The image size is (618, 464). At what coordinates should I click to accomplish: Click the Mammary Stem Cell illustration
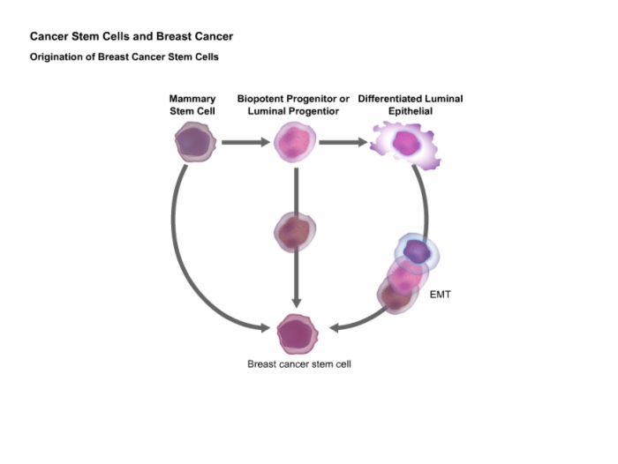(x=195, y=142)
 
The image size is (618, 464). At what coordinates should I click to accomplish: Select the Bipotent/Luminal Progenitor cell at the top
(x=295, y=142)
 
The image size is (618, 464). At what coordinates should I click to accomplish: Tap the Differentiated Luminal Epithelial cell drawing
(x=405, y=144)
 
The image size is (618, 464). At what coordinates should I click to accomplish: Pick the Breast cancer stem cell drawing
(x=298, y=334)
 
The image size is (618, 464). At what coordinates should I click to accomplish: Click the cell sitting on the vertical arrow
(x=295, y=232)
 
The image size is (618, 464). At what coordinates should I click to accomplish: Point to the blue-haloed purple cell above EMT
(x=417, y=252)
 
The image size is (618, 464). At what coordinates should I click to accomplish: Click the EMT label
(x=440, y=295)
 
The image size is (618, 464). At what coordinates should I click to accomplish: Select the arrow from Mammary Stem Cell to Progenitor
(x=246, y=142)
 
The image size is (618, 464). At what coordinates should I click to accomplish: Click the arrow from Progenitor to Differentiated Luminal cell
(x=343, y=142)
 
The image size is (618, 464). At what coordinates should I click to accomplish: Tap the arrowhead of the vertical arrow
(x=297, y=303)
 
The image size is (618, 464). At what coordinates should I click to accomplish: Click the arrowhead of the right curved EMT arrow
(x=335, y=328)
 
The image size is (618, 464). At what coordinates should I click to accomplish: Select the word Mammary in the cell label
(x=192, y=99)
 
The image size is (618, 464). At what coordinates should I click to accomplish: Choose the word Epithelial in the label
(x=411, y=111)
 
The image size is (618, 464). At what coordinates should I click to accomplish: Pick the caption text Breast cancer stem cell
(x=299, y=364)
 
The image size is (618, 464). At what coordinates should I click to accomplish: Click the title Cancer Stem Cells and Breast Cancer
(x=132, y=37)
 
